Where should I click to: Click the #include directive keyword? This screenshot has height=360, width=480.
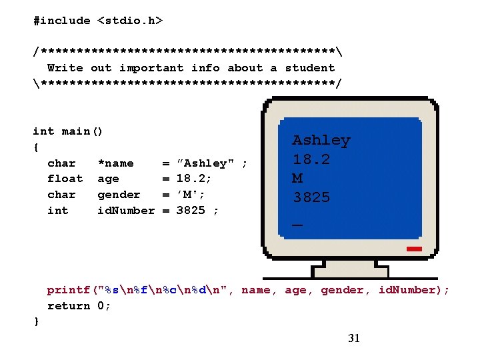tap(61, 21)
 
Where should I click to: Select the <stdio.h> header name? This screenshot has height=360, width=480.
tap(130, 21)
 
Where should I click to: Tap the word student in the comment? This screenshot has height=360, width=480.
tap(309, 67)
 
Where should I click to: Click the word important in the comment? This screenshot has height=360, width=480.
tap(151, 67)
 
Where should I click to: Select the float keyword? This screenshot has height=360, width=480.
tap(65, 179)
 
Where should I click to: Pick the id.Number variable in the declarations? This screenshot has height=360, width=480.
tap(126, 211)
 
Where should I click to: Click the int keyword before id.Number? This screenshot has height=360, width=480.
tap(57, 211)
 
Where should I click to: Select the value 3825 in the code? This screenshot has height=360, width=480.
tap(190, 211)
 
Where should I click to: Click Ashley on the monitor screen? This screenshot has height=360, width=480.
tap(321, 140)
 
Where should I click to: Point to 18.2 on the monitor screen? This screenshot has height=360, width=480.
tap(311, 159)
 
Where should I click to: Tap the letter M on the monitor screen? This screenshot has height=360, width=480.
tap(297, 178)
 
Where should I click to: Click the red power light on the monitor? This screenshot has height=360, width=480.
tap(413, 249)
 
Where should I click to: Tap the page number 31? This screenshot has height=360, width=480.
tap(354, 338)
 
